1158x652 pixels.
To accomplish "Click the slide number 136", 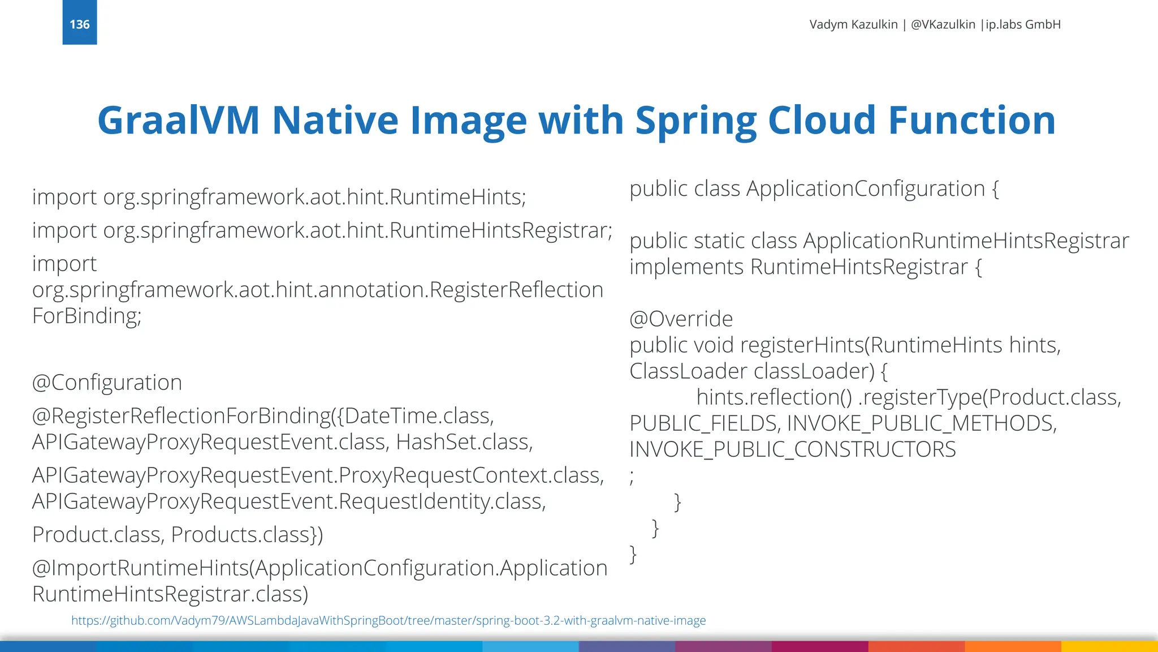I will pos(80,24).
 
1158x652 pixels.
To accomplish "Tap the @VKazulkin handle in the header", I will pos(943,24).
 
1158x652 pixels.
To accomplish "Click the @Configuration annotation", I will pos(107,383).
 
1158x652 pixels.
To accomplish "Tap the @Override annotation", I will pos(681,319).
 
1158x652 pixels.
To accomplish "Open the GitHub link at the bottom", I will pos(388,620).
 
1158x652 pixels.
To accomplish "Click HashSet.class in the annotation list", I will pos(464,442).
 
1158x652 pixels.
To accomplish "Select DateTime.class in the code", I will pos(419,416).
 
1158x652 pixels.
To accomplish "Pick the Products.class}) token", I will pos(247,535).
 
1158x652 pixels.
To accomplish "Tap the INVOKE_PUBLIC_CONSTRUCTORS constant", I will pos(793,449).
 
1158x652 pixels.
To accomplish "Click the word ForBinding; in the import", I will pos(87,316).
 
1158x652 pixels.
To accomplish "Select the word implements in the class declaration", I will pos(686,267).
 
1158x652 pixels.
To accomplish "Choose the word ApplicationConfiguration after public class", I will pos(866,188).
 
